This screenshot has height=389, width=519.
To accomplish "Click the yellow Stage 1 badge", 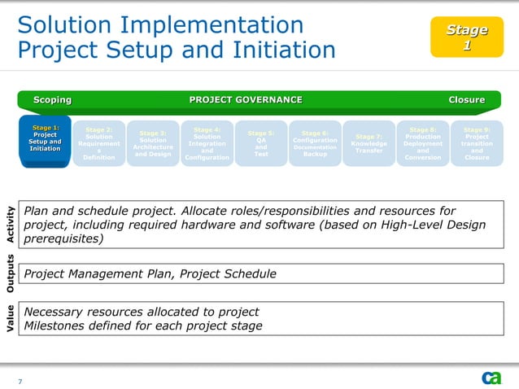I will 466,37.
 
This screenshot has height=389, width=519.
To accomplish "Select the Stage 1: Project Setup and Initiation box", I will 45,139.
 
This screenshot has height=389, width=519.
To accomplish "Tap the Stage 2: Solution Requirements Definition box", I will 98,143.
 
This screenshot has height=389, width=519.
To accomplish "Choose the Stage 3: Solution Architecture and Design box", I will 153,143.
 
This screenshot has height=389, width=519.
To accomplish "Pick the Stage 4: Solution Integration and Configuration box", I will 207,143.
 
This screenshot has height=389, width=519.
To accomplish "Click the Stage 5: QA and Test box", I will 260,143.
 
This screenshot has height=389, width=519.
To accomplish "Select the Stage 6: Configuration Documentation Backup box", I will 315,143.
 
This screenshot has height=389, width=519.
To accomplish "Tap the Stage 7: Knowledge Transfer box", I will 369,143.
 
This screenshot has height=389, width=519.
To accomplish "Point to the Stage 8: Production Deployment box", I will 423,143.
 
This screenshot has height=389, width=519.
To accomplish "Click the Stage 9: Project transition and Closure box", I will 477,143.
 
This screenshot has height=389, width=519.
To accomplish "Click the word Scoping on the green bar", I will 52,100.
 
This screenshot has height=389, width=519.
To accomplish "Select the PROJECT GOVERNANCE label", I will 246,100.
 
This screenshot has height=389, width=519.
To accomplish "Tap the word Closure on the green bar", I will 466,100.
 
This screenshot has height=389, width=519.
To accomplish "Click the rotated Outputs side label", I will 10,273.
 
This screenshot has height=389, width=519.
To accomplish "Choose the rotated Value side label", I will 10,318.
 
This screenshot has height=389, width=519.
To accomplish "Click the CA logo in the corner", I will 491,378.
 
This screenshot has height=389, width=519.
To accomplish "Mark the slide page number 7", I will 20,381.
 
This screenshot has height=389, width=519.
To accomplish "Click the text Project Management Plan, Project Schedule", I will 150,274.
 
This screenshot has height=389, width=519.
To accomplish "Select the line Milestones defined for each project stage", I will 143,326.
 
